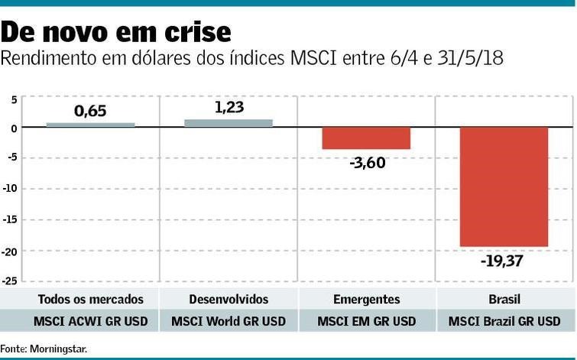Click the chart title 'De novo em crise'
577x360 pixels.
tap(116, 31)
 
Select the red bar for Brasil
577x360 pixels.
tap(504, 186)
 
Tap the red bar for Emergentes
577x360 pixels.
tap(366, 138)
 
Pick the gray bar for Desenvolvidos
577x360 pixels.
tap(229, 123)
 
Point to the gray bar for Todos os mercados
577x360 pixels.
tap(90, 125)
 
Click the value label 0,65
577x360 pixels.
tap(90, 111)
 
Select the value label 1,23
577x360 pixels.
tap(229, 107)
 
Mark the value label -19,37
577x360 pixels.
tap(504, 261)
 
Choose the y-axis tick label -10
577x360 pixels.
tap(9, 189)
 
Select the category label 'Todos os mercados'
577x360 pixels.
tap(90, 299)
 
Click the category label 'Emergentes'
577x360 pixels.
tap(366, 299)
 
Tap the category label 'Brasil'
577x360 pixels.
tap(504, 299)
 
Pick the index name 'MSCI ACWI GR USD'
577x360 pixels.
tap(90, 321)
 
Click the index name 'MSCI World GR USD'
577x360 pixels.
tap(229, 321)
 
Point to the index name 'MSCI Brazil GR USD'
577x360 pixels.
tap(504, 321)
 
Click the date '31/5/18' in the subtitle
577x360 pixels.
tap(472, 59)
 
